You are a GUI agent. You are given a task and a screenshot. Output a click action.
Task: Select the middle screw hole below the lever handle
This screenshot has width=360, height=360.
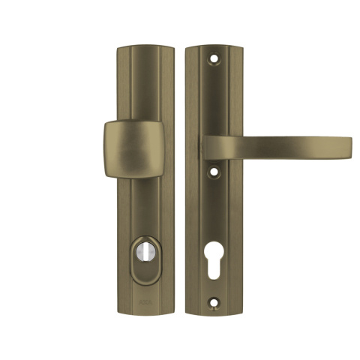(216, 172)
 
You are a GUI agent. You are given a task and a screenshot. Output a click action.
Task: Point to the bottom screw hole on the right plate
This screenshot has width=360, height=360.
(216, 304)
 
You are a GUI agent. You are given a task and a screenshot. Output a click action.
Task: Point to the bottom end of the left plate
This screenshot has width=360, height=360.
(145, 313)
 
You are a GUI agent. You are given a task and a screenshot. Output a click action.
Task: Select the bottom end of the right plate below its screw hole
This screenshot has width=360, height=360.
(216, 312)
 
